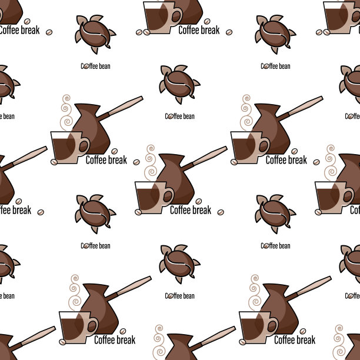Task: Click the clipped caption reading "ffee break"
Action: (x=15, y=210)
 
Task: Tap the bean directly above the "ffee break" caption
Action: (x=19, y=201)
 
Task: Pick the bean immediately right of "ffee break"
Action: (x=41, y=212)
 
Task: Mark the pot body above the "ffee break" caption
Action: (x=6, y=181)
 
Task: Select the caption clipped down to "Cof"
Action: (x=355, y=210)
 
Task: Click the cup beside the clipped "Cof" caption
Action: (x=334, y=198)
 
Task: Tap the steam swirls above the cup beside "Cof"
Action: (x=331, y=162)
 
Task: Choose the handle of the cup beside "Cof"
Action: (x=348, y=196)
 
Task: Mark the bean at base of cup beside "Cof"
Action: (x=318, y=212)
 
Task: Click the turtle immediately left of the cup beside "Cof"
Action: (x=275, y=214)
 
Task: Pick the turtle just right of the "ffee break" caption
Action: (x=95, y=214)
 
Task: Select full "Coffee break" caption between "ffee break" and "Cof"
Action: (x=191, y=210)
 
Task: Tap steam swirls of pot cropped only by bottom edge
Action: (x=159, y=342)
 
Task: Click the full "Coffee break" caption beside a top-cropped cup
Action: (x=199, y=30)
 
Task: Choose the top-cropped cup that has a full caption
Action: (x=162, y=18)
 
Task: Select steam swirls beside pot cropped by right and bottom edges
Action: (x=339, y=342)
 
